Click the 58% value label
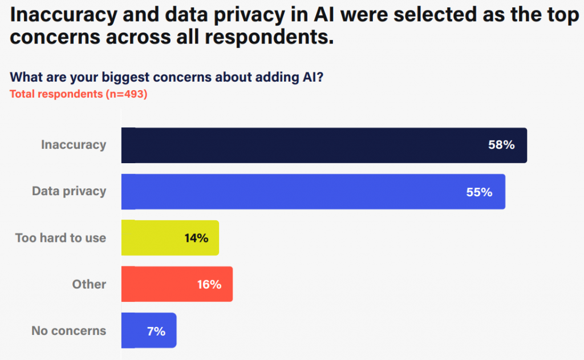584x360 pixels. [501, 145]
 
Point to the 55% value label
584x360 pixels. [479, 192]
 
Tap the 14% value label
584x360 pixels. [196, 238]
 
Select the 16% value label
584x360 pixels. [209, 284]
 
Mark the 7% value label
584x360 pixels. [156, 330]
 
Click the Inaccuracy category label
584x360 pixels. [74, 145]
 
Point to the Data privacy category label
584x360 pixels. [69, 191]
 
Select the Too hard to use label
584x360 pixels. [60, 238]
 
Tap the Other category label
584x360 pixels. [89, 284]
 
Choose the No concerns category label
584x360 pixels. [69, 330]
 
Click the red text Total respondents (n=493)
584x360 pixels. [79, 95]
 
